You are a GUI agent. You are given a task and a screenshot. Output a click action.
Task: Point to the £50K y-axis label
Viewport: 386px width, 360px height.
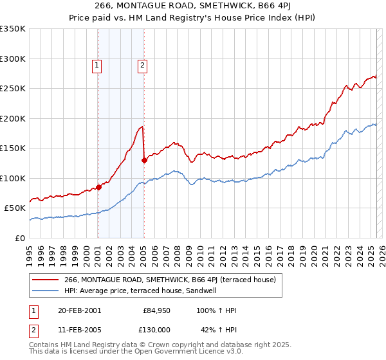point(15,208)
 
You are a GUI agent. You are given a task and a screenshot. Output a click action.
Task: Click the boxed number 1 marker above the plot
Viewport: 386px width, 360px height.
point(96,64)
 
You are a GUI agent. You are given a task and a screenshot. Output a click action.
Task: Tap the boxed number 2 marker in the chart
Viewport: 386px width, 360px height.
point(142,64)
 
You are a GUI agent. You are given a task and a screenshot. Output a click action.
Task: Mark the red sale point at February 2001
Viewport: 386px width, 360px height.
point(99,187)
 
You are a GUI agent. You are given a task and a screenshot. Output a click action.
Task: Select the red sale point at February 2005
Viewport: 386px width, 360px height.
point(144,161)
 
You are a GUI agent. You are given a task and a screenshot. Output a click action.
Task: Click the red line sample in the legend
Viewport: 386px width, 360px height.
point(46,280)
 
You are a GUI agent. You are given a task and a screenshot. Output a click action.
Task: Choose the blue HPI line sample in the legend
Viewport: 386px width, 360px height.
point(46,291)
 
